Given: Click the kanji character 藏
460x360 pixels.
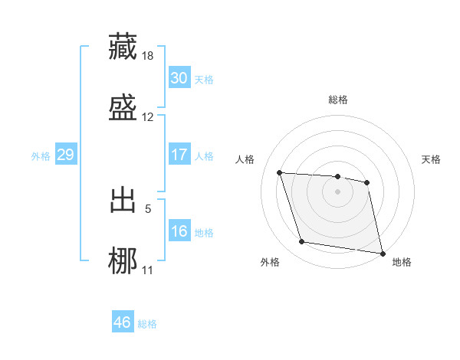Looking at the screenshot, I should click(123, 46).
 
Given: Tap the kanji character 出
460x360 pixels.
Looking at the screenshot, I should click(123, 200).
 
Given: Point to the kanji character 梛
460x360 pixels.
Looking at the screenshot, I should click(123, 260).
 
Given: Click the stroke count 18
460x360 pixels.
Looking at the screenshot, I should click(148, 56).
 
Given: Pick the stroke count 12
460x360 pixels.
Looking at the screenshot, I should click(148, 117).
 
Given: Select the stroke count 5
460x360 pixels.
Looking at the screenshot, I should click(148, 208).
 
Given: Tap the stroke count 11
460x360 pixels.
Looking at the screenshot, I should click(148, 270).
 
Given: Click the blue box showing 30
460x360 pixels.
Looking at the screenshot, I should click(179, 78).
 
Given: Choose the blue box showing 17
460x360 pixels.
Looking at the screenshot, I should click(179, 155).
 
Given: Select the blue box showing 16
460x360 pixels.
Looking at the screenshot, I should click(179, 231).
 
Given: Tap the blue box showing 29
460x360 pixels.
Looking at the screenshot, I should click(65, 155).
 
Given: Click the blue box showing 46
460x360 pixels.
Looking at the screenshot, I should click(122, 322).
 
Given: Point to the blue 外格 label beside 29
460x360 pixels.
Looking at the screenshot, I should click(41, 155).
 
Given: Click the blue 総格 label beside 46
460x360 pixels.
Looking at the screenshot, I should click(147, 324).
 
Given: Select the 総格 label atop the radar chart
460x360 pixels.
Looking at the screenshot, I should click(338, 100).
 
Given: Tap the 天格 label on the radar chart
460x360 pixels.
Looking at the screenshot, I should click(432, 159).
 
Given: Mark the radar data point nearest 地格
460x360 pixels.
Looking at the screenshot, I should click(382, 253).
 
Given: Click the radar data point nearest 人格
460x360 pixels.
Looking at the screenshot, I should click(280, 173).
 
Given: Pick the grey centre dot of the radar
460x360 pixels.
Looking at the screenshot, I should click(338, 191).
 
